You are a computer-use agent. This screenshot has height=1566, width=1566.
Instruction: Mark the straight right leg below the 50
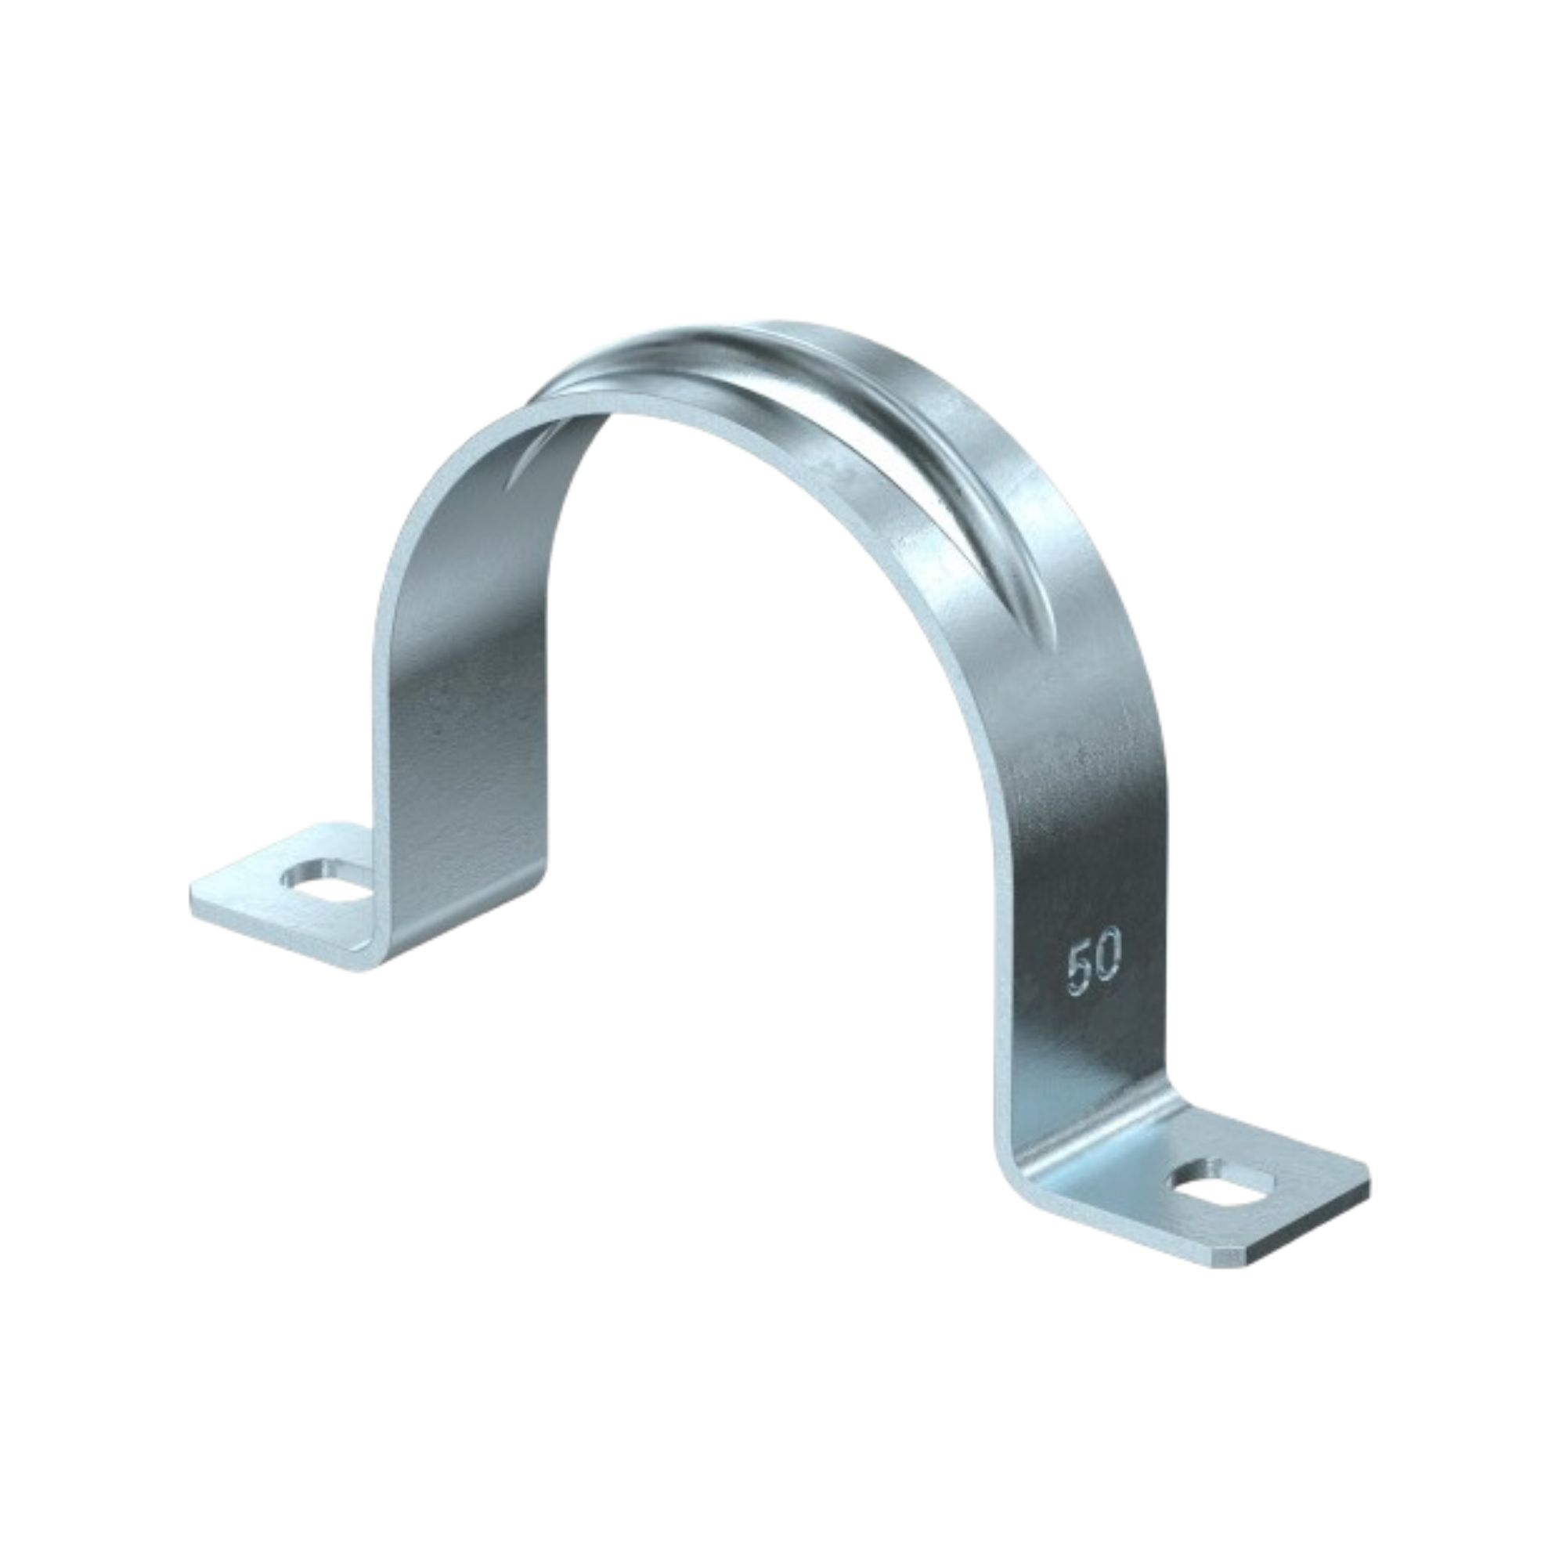[1078, 1054]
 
